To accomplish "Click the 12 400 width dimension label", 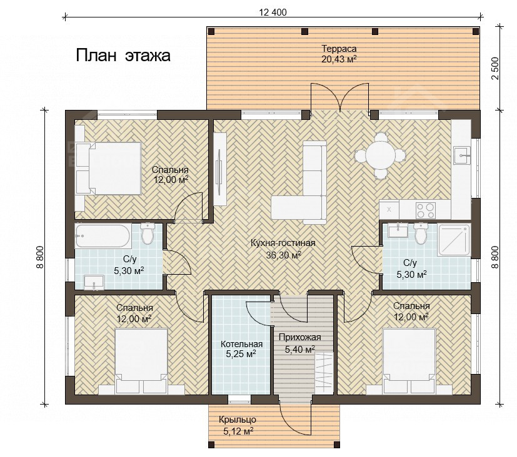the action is (273, 12).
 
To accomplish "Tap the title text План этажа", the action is (123, 56).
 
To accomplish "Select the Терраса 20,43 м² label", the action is (339, 54).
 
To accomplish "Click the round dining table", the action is (381, 155).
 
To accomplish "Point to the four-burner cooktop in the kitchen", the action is (425, 210).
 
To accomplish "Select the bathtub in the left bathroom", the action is (103, 235).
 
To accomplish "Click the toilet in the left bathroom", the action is (147, 233).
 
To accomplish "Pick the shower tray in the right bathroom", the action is (454, 239).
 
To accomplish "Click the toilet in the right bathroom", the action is (420, 233).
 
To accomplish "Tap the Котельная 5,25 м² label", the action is (241, 349).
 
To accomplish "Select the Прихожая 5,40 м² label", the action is (299, 343).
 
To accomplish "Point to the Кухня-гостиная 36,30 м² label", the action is (283, 248).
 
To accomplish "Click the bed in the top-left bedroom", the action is (109, 168).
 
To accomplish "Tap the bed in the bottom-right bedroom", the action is (409, 361).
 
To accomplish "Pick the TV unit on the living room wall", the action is (219, 169).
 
